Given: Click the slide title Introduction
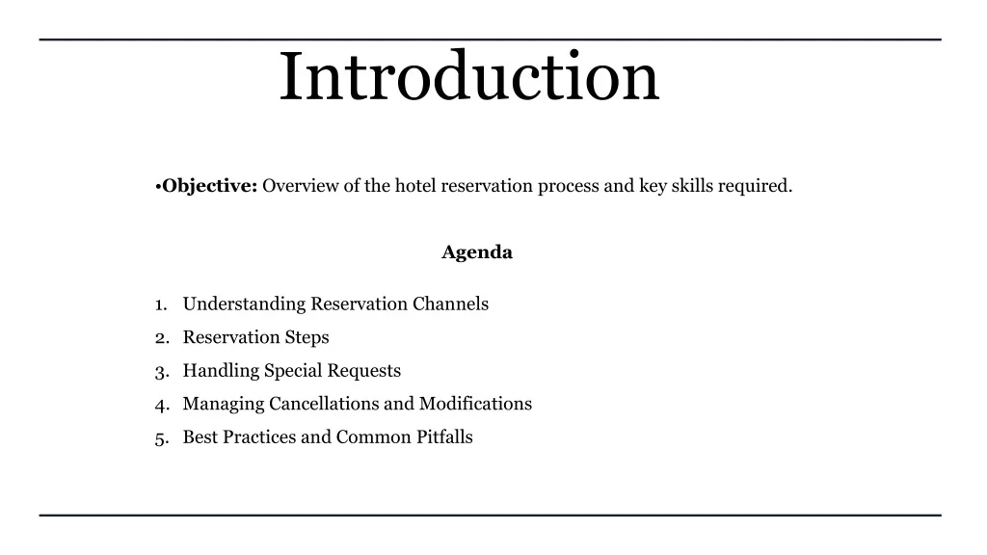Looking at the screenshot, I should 469,78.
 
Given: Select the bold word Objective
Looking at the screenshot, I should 209,186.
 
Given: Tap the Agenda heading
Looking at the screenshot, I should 477,252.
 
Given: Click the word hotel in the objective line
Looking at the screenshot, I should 415,186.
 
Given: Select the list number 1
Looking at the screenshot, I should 159,304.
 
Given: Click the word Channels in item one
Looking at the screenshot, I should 450,304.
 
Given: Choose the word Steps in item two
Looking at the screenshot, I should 307,337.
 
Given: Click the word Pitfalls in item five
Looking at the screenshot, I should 444,437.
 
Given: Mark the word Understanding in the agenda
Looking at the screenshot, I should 244,304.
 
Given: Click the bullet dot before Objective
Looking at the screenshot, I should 157,187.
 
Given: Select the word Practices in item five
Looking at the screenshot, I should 259,437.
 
